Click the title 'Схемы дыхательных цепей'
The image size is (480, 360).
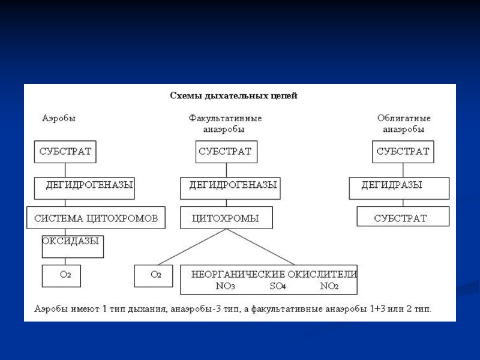(234, 95)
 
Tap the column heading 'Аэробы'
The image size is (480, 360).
(59, 118)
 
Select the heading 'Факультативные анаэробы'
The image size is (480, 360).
(225, 124)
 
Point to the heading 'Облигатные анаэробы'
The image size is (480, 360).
(404, 124)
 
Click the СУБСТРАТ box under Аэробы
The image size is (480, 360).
(65, 152)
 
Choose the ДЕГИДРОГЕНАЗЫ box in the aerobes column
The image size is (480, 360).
(84, 185)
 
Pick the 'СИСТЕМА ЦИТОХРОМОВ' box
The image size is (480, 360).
(95, 218)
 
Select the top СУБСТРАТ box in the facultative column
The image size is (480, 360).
(225, 152)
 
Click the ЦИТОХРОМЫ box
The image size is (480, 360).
(225, 218)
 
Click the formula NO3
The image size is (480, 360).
(225, 286)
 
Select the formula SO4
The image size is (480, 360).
(277, 286)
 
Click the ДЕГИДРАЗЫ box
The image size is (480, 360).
(398, 187)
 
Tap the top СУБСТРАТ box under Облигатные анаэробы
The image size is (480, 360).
(403, 152)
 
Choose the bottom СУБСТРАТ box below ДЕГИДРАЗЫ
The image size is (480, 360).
(402, 218)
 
